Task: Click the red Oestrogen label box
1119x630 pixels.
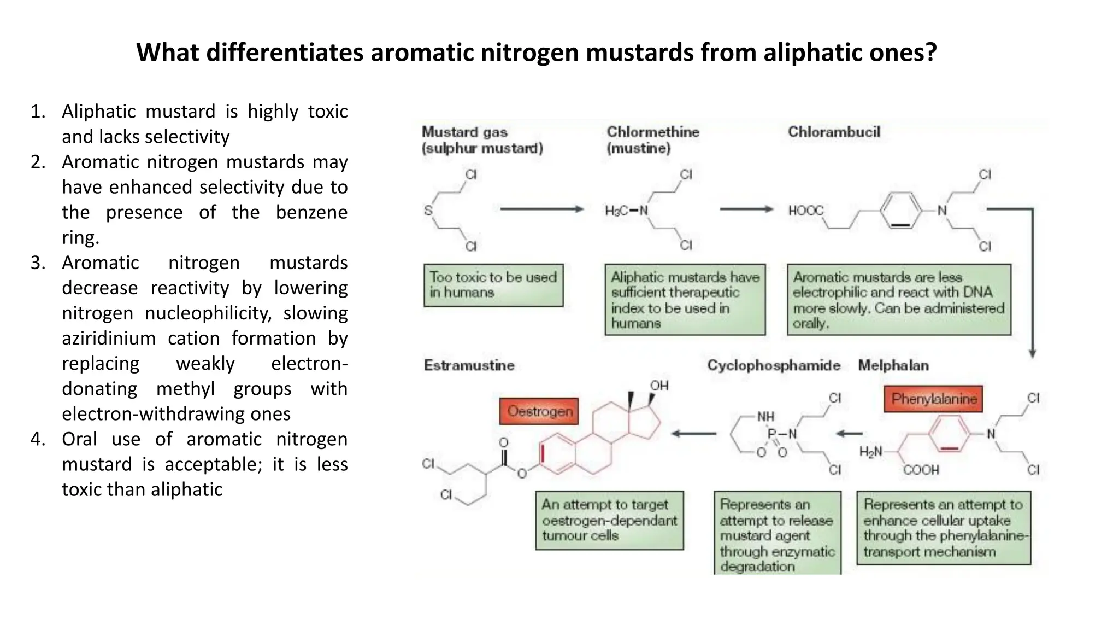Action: tap(539, 411)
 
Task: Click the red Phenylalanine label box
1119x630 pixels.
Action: tap(933, 399)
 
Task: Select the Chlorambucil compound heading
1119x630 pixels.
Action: tap(834, 132)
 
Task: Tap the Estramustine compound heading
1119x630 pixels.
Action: tap(469, 365)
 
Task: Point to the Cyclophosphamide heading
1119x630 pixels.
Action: tap(773, 365)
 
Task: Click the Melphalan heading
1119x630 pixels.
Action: tap(893, 365)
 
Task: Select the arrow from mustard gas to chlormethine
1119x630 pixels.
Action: tap(541, 209)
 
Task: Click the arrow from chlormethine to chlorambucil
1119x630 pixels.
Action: tap(746, 209)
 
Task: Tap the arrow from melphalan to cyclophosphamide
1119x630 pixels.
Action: tap(849, 434)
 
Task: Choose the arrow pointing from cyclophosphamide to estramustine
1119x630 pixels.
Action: tap(693, 434)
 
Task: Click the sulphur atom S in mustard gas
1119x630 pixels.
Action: tap(428, 211)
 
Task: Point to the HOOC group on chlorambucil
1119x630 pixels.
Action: tap(805, 211)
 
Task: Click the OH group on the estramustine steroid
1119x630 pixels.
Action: tap(659, 386)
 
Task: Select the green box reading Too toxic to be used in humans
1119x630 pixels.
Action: tap(493, 285)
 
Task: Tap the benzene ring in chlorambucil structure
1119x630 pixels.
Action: tap(900, 211)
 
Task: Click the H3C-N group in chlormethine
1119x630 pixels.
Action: tap(626, 211)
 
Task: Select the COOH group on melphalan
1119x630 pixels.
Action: tap(921, 470)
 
